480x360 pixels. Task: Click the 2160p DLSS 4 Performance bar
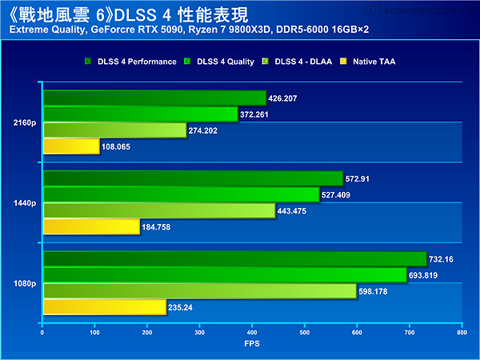(154, 98)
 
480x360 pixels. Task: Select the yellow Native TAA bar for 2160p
(70, 146)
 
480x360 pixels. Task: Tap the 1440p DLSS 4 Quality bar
(181, 194)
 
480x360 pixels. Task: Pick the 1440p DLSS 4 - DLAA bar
(158, 210)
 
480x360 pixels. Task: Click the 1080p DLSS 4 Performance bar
(234, 258)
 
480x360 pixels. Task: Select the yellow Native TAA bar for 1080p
(104, 306)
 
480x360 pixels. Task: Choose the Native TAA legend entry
(372, 62)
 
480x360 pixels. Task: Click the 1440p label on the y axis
(24, 203)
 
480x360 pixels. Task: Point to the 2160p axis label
(24, 123)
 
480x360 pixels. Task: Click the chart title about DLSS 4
(128, 14)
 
